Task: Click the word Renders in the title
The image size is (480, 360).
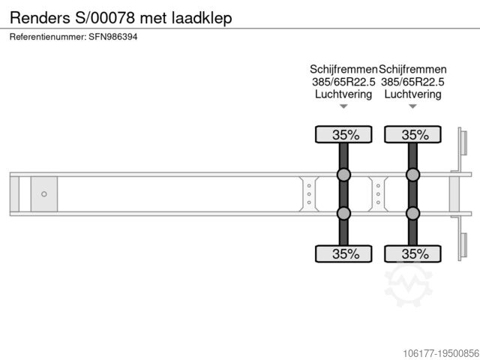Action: [40, 18]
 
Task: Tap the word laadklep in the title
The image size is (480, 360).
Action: [202, 18]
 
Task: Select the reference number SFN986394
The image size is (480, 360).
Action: [113, 37]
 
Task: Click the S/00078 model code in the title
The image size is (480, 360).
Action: [105, 18]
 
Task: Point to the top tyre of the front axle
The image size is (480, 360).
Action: [343, 134]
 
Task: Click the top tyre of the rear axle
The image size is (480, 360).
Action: [412, 134]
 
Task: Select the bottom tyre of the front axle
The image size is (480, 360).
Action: [343, 253]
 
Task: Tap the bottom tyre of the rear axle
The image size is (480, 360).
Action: [412, 253]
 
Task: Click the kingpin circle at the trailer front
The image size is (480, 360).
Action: [44, 194]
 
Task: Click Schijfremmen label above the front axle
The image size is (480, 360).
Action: [343, 70]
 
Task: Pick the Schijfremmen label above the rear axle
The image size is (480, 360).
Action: [412, 70]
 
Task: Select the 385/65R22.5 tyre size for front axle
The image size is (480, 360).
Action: [343, 82]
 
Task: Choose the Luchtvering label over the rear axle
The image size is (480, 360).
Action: [412, 94]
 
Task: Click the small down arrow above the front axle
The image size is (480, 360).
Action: [343, 106]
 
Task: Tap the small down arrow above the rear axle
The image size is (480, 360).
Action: [412, 106]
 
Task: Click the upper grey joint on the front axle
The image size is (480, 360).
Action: [343, 175]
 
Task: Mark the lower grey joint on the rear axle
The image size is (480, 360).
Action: [412, 213]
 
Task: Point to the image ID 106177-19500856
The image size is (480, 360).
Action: [441, 353]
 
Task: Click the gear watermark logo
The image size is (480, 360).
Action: [408, 283]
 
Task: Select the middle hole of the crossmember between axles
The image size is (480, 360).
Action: [378, 194]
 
